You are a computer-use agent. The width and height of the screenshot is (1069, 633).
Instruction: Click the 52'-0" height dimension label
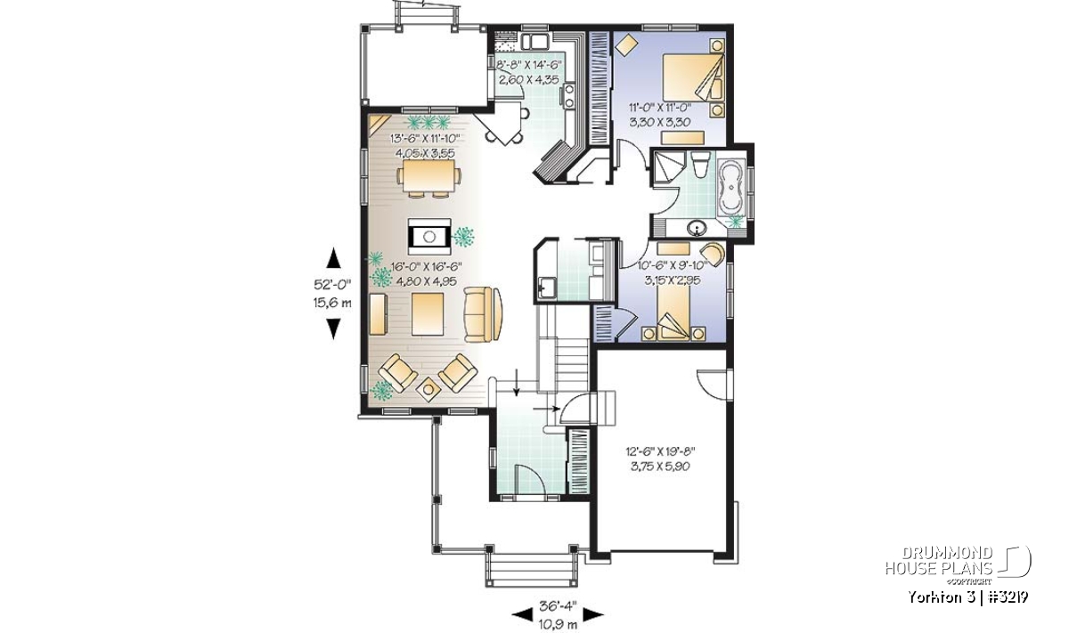332,285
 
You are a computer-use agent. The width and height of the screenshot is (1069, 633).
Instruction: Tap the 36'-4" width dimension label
558,606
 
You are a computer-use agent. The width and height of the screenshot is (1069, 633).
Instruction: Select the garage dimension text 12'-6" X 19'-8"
660,450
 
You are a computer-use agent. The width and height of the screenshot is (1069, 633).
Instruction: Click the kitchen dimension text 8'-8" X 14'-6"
529,64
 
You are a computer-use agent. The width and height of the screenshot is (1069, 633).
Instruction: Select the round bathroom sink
698,228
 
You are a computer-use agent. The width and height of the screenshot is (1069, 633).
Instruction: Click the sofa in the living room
483,314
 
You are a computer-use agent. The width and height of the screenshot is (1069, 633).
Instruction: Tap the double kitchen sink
534,42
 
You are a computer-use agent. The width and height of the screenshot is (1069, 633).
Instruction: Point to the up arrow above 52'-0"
333,257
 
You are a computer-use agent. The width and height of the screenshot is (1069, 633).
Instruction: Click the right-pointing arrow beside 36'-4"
592,614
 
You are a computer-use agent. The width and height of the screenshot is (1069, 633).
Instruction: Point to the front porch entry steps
530,569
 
